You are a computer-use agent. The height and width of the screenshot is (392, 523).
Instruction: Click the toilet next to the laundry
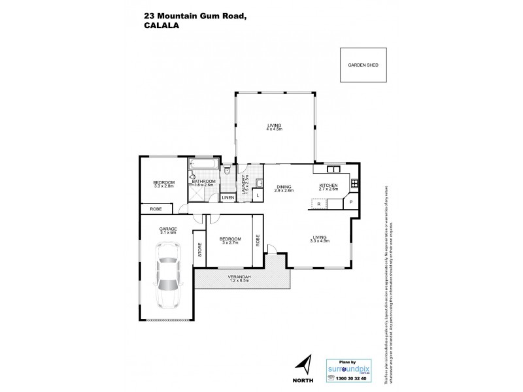(x=226, y=171)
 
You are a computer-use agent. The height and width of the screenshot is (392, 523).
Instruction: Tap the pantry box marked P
(x=350, y=203)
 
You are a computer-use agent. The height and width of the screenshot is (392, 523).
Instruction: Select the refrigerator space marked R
(x=318, y=204)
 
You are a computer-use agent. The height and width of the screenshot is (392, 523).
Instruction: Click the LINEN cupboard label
(x=228, y=197)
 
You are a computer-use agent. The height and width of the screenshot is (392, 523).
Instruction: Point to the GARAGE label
(x=169, y=227)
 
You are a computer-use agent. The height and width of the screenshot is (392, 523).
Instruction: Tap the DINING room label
(x=283, y=186)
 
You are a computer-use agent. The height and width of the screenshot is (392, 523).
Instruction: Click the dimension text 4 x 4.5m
(x=274, y=130)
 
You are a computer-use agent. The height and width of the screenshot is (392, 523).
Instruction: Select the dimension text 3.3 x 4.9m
(x=320, y=241)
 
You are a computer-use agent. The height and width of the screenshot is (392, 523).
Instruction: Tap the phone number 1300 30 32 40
(x=352, y=378)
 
